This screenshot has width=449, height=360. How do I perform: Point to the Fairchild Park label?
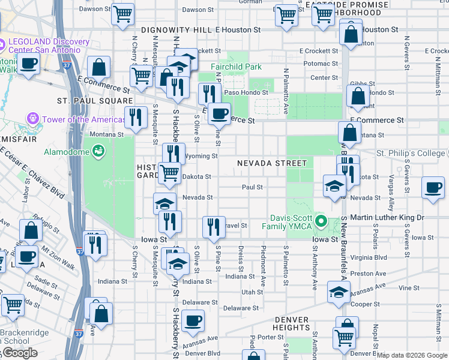[236, 67]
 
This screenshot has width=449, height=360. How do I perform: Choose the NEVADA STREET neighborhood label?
[271, 163]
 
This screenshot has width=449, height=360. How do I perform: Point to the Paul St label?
[252, 187]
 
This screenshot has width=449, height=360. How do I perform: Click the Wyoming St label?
[200, 156]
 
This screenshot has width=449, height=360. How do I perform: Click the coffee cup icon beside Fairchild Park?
[220, 112]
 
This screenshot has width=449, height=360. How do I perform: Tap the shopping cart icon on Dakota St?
[170, 173]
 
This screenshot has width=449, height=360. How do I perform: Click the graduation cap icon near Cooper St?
[339, 292]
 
